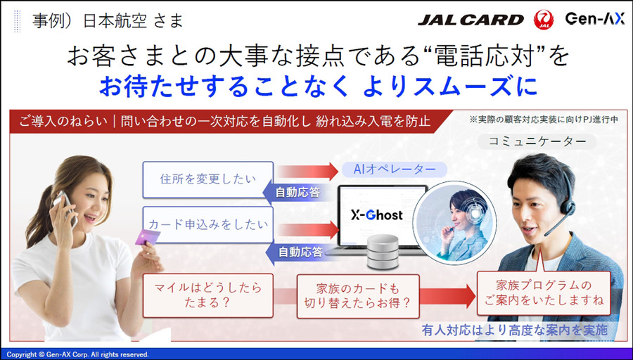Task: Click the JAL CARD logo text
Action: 471,19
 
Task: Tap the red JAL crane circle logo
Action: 544,19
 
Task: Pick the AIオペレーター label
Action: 393,169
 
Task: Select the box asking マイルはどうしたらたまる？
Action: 203,295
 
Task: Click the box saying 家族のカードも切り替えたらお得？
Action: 358,295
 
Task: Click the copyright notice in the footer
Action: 77,354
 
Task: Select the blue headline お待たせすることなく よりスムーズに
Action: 318,86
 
